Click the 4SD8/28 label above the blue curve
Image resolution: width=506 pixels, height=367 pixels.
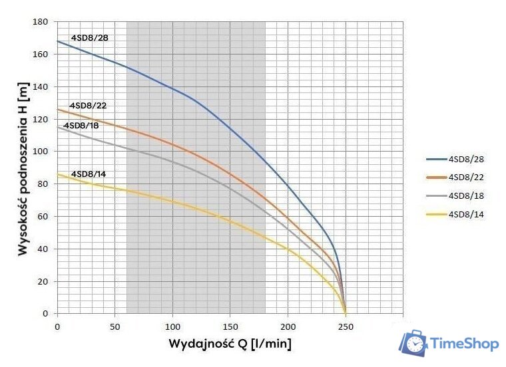coord(89,38)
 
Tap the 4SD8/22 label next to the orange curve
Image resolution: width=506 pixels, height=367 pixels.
coord(88,106)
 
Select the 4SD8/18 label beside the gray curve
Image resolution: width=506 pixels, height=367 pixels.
coord(81,126)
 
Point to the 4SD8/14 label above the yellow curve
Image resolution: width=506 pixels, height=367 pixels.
coord(89,174)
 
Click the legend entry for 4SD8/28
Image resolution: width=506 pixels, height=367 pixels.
coord(465,160)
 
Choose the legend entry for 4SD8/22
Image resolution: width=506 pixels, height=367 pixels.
coord(465,178)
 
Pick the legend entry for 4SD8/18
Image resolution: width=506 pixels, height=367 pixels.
coord(465,195)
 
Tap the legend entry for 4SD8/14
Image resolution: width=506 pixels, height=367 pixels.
coord(465,214)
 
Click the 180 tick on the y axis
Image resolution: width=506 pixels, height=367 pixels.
coord(41,22)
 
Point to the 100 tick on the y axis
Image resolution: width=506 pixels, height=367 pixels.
coord(41,152)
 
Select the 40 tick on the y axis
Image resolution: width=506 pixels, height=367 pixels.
coord(43,249)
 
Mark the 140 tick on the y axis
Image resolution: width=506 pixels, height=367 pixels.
coord(41,87)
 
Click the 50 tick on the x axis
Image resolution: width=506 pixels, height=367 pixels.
coord(115,327)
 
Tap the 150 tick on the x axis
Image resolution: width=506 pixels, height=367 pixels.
coord(230,327)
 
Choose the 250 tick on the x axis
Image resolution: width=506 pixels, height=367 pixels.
coord(345,327)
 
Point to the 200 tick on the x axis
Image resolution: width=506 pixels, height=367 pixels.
coord(288,327)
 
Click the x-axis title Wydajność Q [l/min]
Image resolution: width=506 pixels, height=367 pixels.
coord(230,344)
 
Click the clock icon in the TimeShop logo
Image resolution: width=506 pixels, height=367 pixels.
coord(415,344)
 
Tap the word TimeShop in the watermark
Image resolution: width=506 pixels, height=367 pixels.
coord(465,344)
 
